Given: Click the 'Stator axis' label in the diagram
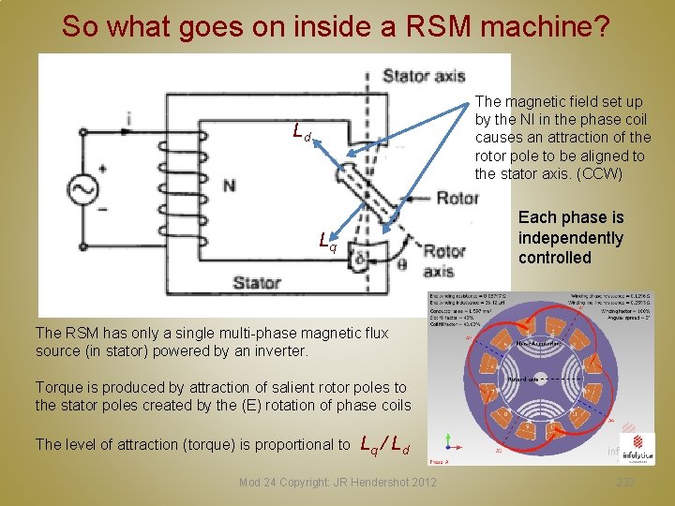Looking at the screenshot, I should pyautogui.click(x=424, y=75).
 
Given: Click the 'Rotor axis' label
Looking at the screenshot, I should pyautogui.click(x=443, y=261).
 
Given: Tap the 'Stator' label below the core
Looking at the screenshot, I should pyautogui.click(x=257, y=282).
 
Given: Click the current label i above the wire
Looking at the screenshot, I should pyautogui.click(x=127, y=119).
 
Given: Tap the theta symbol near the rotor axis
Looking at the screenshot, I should pyautogui.click(x=403, y=265).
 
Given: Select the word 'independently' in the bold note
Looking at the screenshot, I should pyautogui.click(x=570, y=238).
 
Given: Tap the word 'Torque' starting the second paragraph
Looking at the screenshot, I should pyautogui.click(x=58, y=387).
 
